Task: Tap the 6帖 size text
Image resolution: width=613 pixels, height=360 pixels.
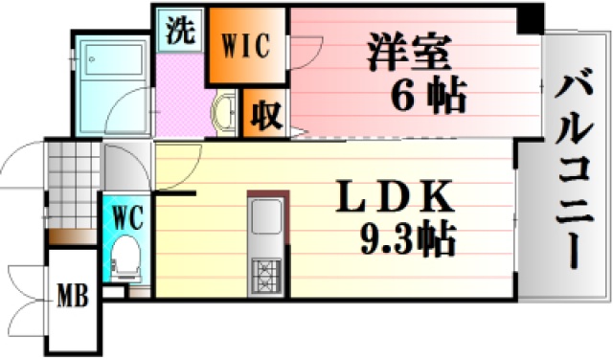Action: (x=428, y=95)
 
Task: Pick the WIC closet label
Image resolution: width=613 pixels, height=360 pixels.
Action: (x=246, y=44)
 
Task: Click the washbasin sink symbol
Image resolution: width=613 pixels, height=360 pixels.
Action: (x=226, y=111)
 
